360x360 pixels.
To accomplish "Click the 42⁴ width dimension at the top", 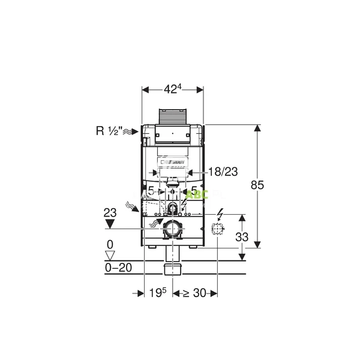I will click(172, 89).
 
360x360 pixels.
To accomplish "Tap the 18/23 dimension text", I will click(223, 172).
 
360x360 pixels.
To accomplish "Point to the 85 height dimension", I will click(257, 186).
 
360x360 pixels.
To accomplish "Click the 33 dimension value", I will click(241, 238).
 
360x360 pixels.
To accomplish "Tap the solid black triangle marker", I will click(109, 224).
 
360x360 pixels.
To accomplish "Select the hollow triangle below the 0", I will click(109, 256).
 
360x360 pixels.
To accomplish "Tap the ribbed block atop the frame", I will click(173, 116).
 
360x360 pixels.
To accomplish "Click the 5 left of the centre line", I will click(151, 191).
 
